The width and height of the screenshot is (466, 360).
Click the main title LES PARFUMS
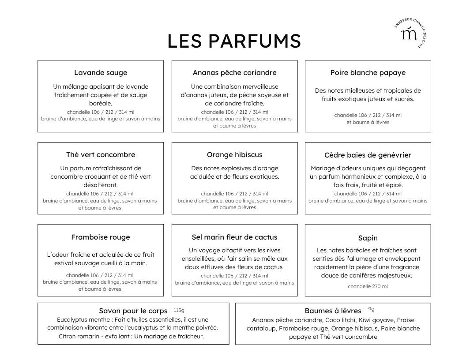tap(234, 41)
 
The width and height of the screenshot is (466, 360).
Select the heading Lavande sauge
tap(101, 73)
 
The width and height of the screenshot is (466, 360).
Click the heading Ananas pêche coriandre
tap(234, 73)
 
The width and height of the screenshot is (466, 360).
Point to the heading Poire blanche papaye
tap(368, 73)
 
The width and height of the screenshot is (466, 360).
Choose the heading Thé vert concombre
tap(101, 155)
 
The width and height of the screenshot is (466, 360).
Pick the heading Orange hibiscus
tap(234, 155)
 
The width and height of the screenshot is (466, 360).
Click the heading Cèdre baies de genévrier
tap(368, 155)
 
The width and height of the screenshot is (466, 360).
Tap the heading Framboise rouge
tap(101, 237)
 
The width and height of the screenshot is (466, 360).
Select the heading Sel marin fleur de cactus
tap(234, 237)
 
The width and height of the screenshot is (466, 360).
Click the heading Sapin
tap(368, 238)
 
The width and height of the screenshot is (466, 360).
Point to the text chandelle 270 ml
tap(368, 286)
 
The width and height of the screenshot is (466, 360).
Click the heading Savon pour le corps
tap(133, 311)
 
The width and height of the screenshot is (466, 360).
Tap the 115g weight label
tap(179, 310)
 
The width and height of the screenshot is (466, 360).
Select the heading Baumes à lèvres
tap(333, 311)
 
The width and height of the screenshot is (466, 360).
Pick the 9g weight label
tap(371, 309)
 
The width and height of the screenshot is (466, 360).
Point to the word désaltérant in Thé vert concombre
tap(101, 185)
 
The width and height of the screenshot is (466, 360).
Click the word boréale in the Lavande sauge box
tap(101, 103)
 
